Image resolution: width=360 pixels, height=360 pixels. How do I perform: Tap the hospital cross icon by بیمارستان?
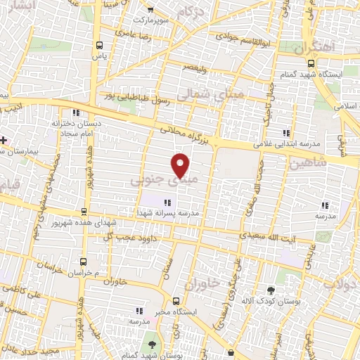4,139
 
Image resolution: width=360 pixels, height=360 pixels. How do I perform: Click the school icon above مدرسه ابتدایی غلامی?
285,132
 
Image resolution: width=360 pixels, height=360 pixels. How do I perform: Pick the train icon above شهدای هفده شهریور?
84,211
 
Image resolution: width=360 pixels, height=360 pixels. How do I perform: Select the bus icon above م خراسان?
83,260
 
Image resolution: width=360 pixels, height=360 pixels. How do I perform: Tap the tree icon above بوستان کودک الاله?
271,289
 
